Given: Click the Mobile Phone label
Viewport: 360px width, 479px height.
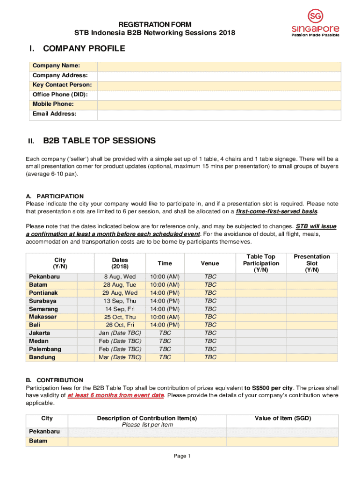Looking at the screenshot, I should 53,104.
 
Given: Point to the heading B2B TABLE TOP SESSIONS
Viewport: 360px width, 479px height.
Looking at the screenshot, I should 99,141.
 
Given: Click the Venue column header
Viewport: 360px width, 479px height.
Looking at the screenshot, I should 210,263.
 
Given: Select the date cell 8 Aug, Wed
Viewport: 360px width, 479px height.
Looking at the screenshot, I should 120,276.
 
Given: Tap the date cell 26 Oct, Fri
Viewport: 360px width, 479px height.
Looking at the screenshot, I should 120,325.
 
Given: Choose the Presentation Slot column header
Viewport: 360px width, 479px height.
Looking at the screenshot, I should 312,263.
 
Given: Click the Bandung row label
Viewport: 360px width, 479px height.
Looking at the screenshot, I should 42,357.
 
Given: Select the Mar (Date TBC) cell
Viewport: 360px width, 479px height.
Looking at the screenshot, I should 120,357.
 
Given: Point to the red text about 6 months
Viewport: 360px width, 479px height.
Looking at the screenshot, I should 115,395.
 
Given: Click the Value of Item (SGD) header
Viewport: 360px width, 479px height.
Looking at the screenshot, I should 282,418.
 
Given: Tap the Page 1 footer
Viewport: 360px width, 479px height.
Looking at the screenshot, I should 182,456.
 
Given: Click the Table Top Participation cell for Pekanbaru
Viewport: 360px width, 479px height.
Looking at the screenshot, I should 260,276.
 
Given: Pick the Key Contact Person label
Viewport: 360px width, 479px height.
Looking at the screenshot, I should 62,85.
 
